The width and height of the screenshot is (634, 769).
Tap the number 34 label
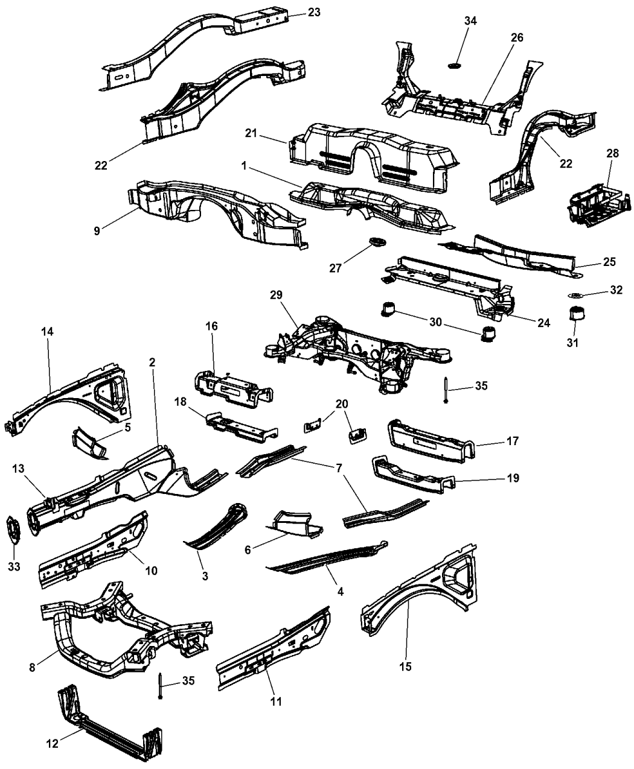coord(470,21)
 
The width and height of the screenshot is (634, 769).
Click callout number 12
coord(53,744)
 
